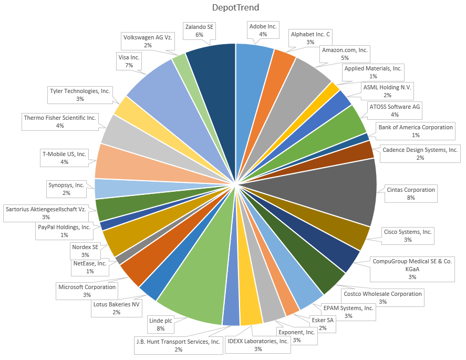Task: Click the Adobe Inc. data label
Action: [263, 30]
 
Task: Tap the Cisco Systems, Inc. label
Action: [408, 236]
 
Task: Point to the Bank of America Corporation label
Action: [416, 131]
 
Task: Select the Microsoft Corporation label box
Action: [87, 291]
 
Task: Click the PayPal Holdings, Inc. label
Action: [64, 231]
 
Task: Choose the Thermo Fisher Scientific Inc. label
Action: [60, 122]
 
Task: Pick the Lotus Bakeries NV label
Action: [116, 308]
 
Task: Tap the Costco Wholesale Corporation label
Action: [382, 297]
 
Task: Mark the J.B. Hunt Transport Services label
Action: [179, 346]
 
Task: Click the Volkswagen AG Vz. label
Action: [148, 41]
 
